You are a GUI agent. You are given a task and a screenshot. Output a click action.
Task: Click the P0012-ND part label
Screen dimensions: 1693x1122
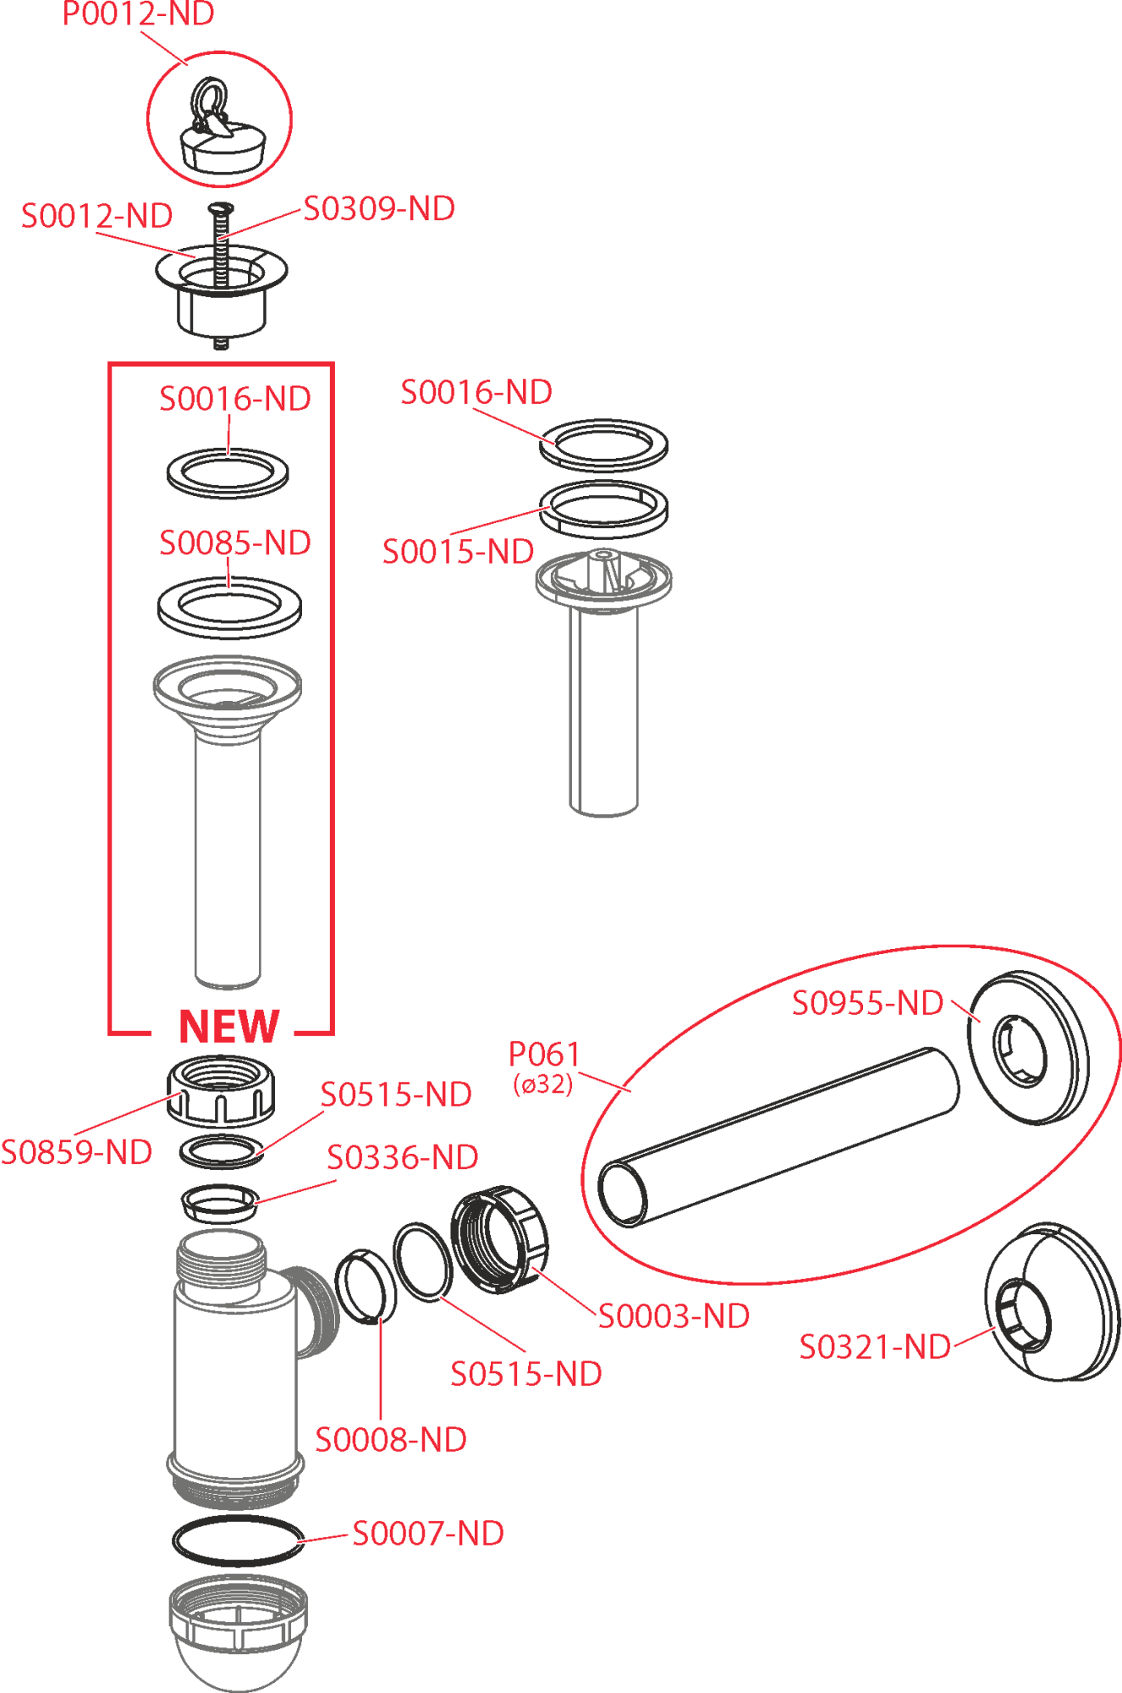tap(138, 14)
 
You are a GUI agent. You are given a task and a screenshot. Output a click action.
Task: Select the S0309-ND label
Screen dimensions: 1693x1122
tap(379, 209)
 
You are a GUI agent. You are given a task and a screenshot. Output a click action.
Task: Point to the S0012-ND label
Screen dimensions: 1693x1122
tap(96, 216)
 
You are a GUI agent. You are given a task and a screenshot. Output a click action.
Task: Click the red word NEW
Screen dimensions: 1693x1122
tap(228, 1027)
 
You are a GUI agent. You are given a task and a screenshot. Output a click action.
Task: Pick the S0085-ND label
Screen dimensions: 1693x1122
tap(235, 543)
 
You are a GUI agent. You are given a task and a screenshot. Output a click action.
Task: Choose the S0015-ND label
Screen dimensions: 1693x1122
tap(458, 552)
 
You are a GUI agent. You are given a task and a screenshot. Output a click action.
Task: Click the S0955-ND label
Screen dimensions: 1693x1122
tap(867, 1003)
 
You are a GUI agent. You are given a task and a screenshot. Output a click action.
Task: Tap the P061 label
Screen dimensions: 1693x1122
tap(543, 1055)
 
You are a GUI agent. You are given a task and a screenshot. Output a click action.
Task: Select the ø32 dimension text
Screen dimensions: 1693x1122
tap(543, 1084)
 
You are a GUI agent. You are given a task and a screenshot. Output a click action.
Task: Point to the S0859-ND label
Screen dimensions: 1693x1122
tap(76, 1152)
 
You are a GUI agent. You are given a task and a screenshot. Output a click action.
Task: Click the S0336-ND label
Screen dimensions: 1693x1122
tap(403, 1157)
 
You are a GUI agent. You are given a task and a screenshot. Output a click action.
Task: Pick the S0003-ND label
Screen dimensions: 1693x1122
tap(674, 1316)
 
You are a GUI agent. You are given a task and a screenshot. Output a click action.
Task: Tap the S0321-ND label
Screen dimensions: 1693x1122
tap(875, 1347)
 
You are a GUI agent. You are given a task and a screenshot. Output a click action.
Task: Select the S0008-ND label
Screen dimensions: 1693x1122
tap(391, 1440)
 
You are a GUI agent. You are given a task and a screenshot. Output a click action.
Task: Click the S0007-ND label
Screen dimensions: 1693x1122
tap(428, 1533)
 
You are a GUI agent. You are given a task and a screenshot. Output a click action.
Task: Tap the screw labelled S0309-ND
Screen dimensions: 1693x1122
tap(219, 254)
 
